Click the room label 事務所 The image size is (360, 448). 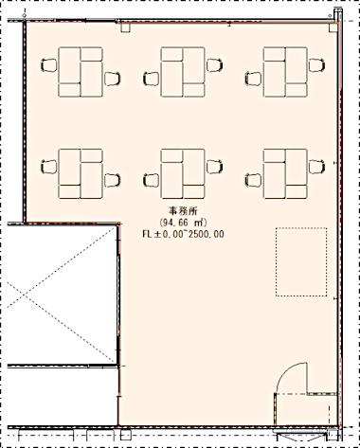pyautogui.click(x=184, y=210)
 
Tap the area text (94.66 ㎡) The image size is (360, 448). pyautogui.click(x=184, y=223)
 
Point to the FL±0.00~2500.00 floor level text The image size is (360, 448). pyautogui.click(x=184, y=234)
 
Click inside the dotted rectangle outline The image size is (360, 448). pyautogui.click(x=301, y=261)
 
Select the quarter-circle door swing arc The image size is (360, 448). pyautogui.click(x=285, y=371)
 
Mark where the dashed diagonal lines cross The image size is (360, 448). pyautogui.click(x=24, y=296)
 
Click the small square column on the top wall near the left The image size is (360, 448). pyautogui.click(x=125, y=27)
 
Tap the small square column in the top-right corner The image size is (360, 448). pyautogui.click(x=333, y=27)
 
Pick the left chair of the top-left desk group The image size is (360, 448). pyautogui.click(x=49, y=65)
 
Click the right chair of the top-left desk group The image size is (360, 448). pyautogui.click(x=113, y=79)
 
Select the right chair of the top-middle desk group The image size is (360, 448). pyautogui.click(x=214, y=65)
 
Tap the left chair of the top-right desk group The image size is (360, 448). pyautogui.click(x=253, y=79)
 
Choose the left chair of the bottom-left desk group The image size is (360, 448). pyautogui.click(x=49, y=167)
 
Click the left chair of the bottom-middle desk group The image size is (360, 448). pyautogui.click(x=152, y=180)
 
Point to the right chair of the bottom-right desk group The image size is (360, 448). pyautogui.click(x=316, y=167)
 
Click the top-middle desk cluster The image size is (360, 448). pyautogui.click(x=183, y=72)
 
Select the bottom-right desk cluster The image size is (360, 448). pyautogui.click(x=285, y=173)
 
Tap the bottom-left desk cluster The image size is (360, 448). pyautogui.click(x=81, y=173)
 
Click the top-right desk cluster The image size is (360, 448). pyautogui.click(x=285, y=72)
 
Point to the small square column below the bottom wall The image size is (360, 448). pyautogui.click(x=126, y=435)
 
